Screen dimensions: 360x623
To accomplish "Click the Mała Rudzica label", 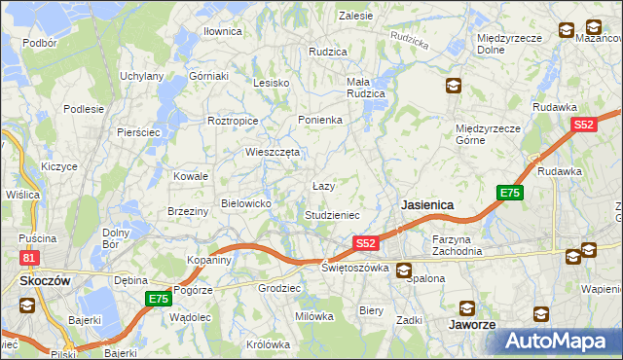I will [x=366, y=88].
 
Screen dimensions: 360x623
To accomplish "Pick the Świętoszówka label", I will [x=355, y=268].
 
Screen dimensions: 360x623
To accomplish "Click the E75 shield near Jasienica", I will [x=510, y=193].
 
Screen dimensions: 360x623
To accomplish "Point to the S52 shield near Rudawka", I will [x=583, y=125].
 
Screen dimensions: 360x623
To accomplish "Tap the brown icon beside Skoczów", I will [x=26, y=305].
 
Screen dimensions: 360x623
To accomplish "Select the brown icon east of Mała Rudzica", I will [x=453, y=86].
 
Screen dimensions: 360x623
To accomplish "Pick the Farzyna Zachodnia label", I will [x=458, y=244].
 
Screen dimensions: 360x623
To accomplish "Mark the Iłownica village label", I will [x=222, y=31].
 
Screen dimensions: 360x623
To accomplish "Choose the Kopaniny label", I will [x=208, y=260].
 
